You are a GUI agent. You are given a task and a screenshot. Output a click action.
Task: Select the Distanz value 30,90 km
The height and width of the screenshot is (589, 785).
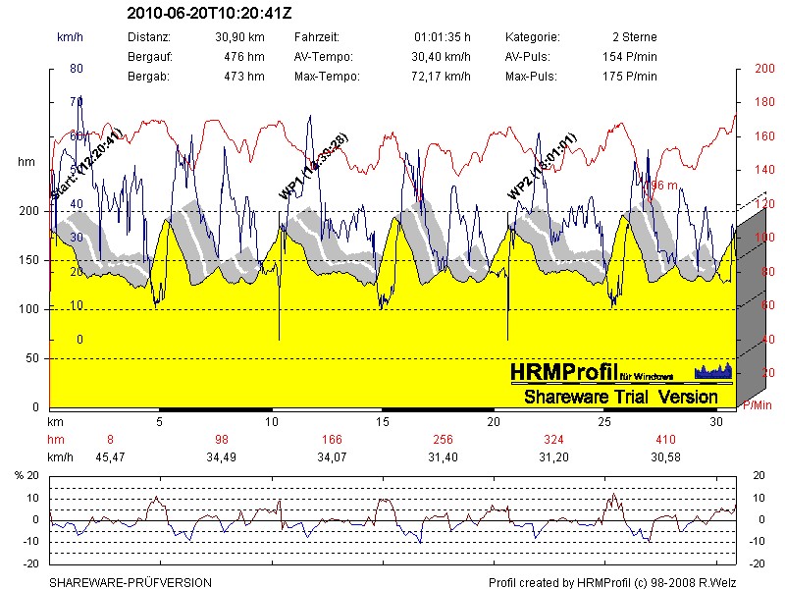[240, 36]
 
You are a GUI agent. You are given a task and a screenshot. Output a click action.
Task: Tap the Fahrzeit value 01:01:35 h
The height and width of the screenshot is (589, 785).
[444, 36]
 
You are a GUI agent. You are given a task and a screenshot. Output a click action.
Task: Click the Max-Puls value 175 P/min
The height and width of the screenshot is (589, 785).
[630, 76]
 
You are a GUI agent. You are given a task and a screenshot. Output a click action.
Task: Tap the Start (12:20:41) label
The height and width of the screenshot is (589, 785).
[85, 167]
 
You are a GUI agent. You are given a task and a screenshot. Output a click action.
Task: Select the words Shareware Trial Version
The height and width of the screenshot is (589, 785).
[620, 397]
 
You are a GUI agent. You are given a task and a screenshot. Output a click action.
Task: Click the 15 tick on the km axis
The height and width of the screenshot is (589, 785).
[383, 421]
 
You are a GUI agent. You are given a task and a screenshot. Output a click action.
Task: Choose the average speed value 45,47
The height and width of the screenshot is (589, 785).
[110, 456]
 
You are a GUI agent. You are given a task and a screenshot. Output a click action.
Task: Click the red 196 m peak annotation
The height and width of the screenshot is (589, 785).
[658, 185]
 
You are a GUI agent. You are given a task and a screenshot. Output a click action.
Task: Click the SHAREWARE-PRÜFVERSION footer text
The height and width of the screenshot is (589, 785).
[131, 582]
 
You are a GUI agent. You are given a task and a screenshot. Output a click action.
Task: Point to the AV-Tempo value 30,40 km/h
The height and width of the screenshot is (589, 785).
[441, 56]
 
